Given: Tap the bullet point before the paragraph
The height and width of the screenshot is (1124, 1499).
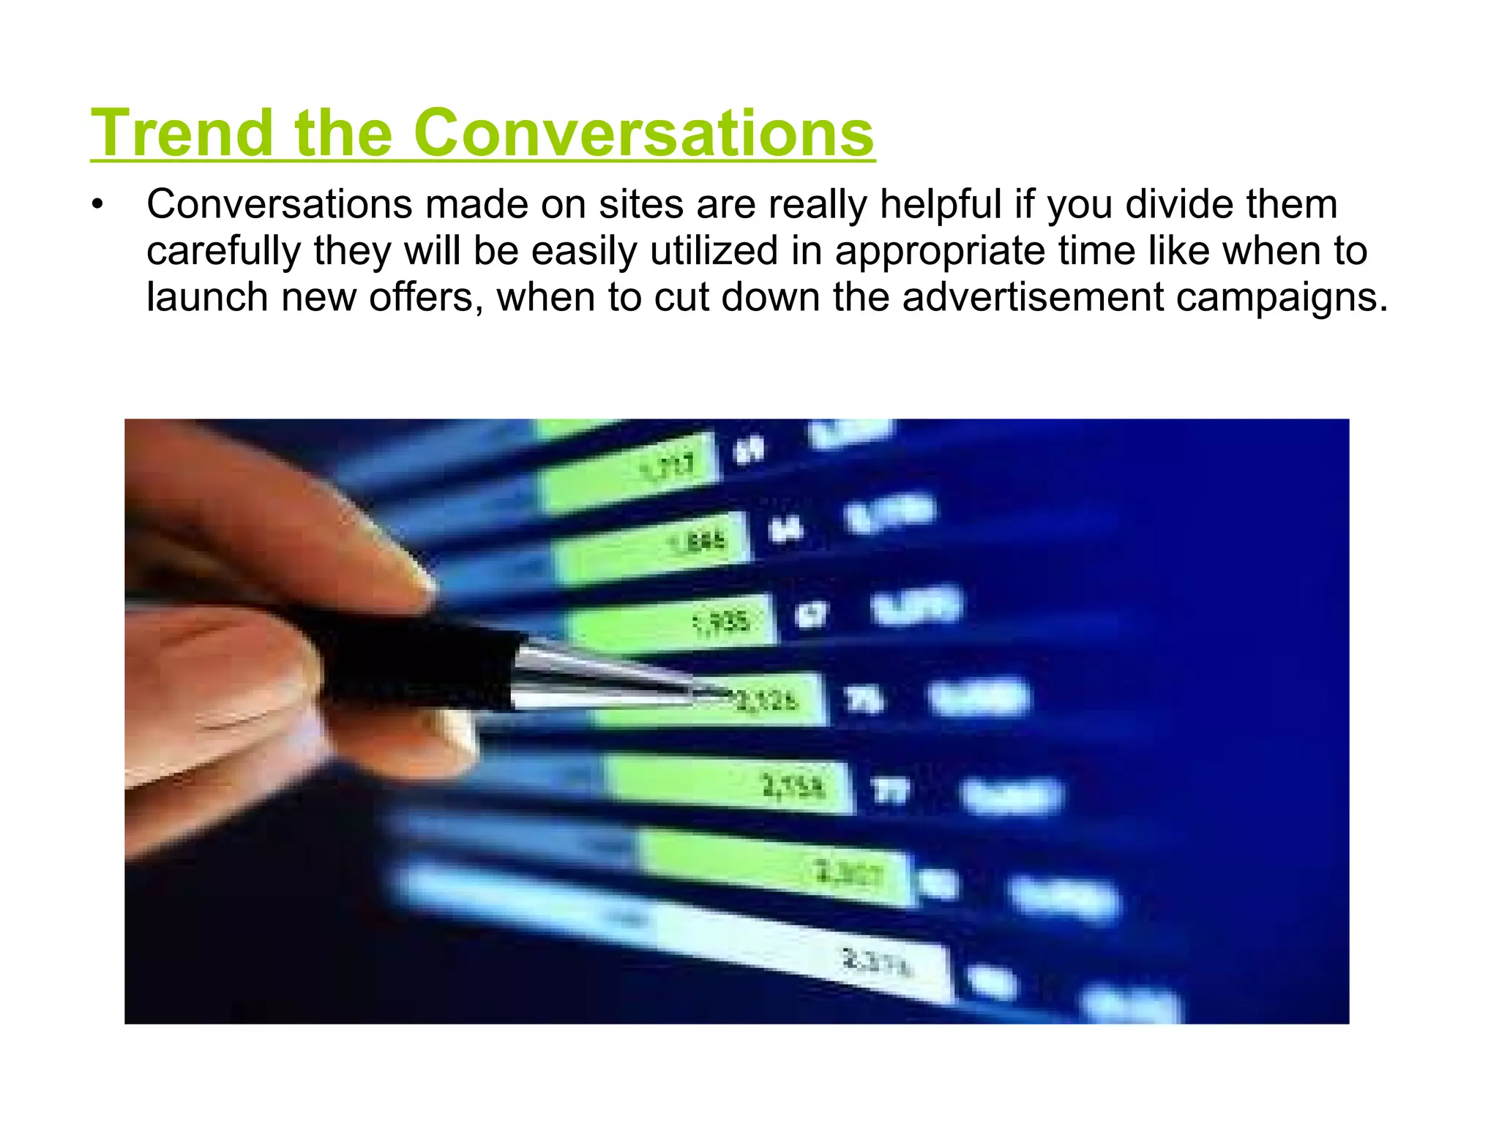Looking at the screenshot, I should point(98,205).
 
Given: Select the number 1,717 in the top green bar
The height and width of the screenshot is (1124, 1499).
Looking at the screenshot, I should point(668,465).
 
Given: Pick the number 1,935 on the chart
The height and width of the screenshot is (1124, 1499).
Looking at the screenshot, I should point(722,623).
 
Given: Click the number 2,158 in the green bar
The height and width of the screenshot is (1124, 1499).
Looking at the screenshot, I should point(793,787).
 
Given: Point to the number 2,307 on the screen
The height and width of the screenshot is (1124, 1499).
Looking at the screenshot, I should point(849,872).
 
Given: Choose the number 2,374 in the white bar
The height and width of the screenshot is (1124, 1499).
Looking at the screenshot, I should point(877,962).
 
